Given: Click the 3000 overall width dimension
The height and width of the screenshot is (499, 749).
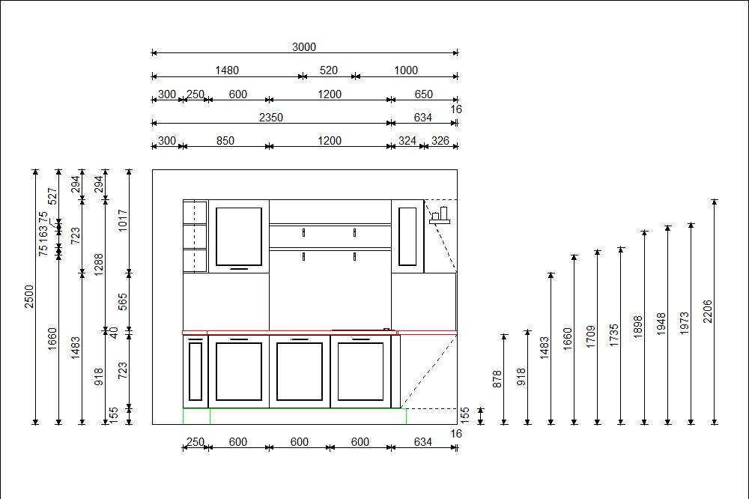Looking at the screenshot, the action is click(x=304, y=47).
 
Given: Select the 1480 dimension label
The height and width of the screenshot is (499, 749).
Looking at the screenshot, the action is click(x=227, y=70).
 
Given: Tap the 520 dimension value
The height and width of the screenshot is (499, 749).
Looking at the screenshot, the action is click(x=329, y=70).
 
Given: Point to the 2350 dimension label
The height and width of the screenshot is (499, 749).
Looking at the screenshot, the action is click(x=271, y=117).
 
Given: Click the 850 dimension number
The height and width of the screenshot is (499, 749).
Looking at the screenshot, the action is click(x=225, y=141).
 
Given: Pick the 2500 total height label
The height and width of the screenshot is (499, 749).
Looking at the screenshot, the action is click(x=29, y=297).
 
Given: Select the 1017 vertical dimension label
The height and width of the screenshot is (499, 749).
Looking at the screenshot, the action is click(x=123, y=220).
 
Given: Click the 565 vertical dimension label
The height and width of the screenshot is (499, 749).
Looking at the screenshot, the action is click(x=123, y=302).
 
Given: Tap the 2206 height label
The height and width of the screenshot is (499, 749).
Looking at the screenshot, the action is click(x=708, y=311).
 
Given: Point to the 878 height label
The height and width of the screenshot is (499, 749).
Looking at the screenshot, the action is click(x=497, y=379).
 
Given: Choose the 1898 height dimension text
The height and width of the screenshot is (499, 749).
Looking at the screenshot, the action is click(x=637, y=327).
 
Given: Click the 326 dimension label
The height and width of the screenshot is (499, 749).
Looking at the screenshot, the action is click(x=440, y=141).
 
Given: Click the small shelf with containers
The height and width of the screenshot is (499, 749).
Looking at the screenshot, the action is click(x=440, y=216).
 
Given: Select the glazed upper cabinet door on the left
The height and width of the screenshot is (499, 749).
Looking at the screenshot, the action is click(x=239, y=237).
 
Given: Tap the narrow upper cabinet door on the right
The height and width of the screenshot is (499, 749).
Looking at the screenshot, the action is click(x=407, y=236).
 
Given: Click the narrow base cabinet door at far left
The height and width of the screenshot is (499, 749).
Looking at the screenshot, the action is click(x=195, y=371).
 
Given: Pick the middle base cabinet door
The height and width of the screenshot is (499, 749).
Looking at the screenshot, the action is click(x=300, y=372).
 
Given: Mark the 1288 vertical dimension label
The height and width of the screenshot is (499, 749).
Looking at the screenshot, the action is click(x=99, y=264).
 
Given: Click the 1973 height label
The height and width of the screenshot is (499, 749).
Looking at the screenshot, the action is click(x=684, y=323).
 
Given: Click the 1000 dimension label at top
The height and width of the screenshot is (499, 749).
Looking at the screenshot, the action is click(x=406, y=70).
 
